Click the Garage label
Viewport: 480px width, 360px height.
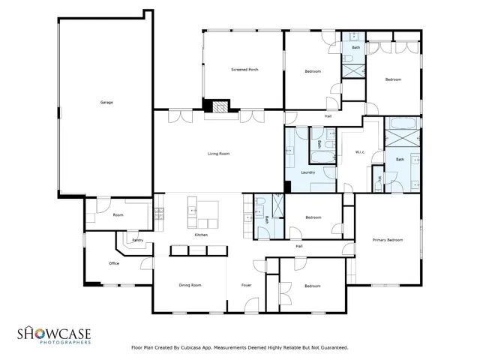tap(106, 102)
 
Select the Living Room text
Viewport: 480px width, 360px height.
tap(218, 154)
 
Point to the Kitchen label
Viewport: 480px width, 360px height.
tap(201, 235)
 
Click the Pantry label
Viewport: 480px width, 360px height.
tap(137, 240)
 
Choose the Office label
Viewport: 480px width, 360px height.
tap(114, 263)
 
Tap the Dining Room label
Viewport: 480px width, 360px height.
tap(190, 285)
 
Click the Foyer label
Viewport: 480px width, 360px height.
tap(246, 285)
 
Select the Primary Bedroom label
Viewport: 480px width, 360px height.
tap(388, 240)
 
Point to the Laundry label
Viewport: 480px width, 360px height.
tap(307, 172)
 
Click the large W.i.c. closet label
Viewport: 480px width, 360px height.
tap(360, 153)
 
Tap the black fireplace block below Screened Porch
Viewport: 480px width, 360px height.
tap(219, 108)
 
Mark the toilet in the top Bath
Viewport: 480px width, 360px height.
tap(351, 37)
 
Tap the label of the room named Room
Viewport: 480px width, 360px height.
tap(118, 215)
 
